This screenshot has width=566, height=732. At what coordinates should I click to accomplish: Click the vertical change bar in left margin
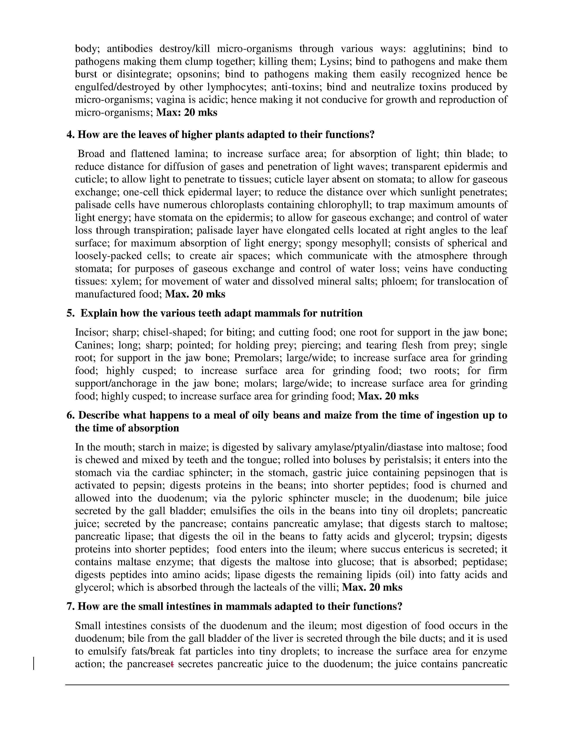point(34,664)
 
